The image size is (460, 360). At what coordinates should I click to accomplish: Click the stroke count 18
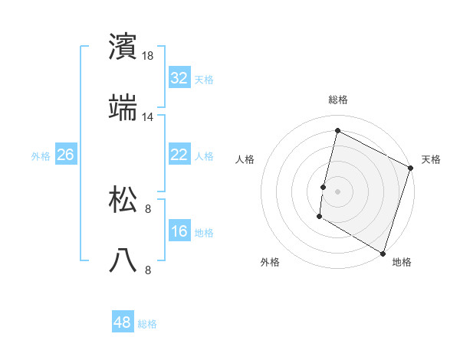(x=149, y=56)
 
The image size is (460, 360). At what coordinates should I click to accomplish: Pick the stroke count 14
(x=149, y=117)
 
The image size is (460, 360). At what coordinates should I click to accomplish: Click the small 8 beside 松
(x=149, y=208)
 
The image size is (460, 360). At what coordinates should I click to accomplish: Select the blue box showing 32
(x=179, y=78)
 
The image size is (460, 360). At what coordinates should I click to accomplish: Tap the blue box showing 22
(x=179, y=155)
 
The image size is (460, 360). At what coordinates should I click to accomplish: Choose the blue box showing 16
(x=179, y=231)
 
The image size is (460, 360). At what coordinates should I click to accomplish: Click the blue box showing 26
(x=65, y=155)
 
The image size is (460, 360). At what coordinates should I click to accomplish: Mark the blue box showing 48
(x=123, y=322)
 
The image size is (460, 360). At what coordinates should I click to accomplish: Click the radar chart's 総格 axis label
(x=338, y=100)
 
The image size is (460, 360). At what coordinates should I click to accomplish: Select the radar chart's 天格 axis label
(x=431, y=159)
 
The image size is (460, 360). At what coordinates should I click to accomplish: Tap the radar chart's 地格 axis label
(x=402, y=262)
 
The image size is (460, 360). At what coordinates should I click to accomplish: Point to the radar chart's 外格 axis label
(x=270, y=262)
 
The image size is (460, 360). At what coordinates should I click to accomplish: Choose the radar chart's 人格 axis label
(x=245, y=159)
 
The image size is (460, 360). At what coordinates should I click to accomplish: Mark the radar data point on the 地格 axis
(x=383, y=252)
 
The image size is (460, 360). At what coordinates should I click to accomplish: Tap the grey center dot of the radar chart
(x=338, y=191)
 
